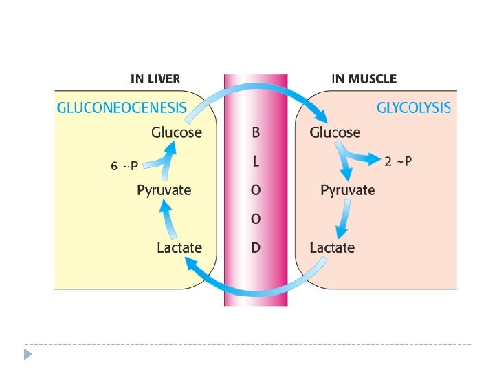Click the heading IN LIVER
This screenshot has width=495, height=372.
click(x=155, y=79)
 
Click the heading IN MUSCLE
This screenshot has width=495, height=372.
click(x=364, y=79)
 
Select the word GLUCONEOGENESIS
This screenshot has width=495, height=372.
click(x=121, y=107)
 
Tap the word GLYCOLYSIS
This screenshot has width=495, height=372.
click(x=414, y=107)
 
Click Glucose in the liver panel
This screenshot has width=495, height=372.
click(x=177, y=132)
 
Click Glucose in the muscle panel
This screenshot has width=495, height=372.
click(x=335, y=132)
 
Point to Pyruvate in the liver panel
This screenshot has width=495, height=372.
click(x=164, y=190)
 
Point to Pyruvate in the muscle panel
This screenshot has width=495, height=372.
click(x=348, y=190)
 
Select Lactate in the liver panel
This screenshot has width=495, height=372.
click(x=179, y=247)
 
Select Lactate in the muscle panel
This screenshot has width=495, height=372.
click(x=332, y=247)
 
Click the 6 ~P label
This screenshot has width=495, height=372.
click(x=124, y=165)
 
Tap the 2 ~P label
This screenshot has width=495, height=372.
click(x=399, y=161)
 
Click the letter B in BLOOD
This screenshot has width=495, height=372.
click(x=256, y=132)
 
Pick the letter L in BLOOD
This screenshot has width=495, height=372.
click(x=256, y=161)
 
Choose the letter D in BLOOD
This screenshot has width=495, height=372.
click(x=256, y=247)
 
